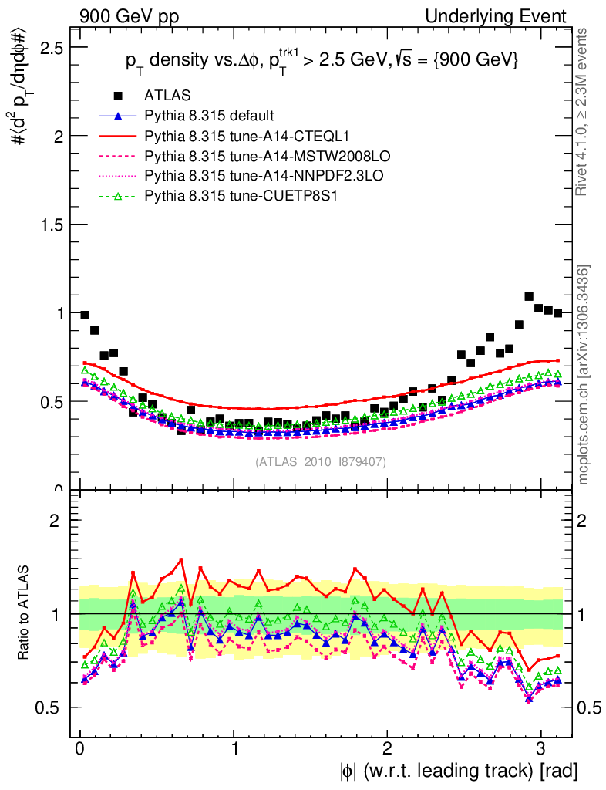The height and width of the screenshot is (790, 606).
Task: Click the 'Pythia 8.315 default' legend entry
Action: click(209, 116)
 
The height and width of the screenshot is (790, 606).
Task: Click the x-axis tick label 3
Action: click(540, 748)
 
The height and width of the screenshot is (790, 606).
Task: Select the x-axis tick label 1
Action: click(234, 748)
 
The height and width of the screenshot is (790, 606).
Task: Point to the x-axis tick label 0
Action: click(80, 748)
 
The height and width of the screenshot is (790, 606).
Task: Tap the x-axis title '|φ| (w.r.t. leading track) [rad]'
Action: click(458, 770)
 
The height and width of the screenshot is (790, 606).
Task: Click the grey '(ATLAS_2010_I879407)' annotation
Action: click(321, 461)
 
